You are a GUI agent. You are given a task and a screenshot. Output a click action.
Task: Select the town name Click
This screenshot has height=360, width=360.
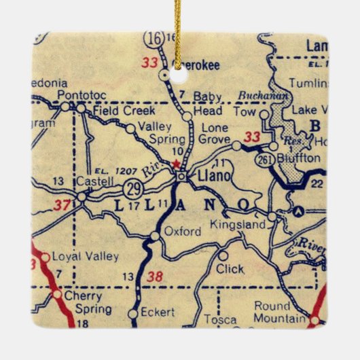(x=230, y=268)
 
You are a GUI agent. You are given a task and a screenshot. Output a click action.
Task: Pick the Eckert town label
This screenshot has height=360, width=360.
(x=158, y=312)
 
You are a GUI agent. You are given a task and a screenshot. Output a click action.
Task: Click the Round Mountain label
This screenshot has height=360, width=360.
(x=281, y=312)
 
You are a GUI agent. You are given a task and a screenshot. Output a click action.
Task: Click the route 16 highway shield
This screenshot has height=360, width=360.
(x=156, y=38)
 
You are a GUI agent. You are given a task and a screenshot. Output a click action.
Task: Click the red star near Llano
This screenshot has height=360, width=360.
(x=177, y=164)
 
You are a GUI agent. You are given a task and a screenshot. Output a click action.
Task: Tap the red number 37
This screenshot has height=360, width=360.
(x=43, y=204)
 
